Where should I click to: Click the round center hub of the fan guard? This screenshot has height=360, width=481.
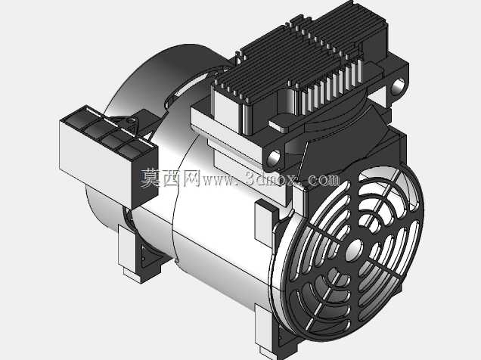354,250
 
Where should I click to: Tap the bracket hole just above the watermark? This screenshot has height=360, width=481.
274,157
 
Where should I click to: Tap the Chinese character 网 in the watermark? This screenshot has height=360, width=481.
192,178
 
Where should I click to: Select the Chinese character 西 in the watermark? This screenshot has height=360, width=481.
172,178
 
